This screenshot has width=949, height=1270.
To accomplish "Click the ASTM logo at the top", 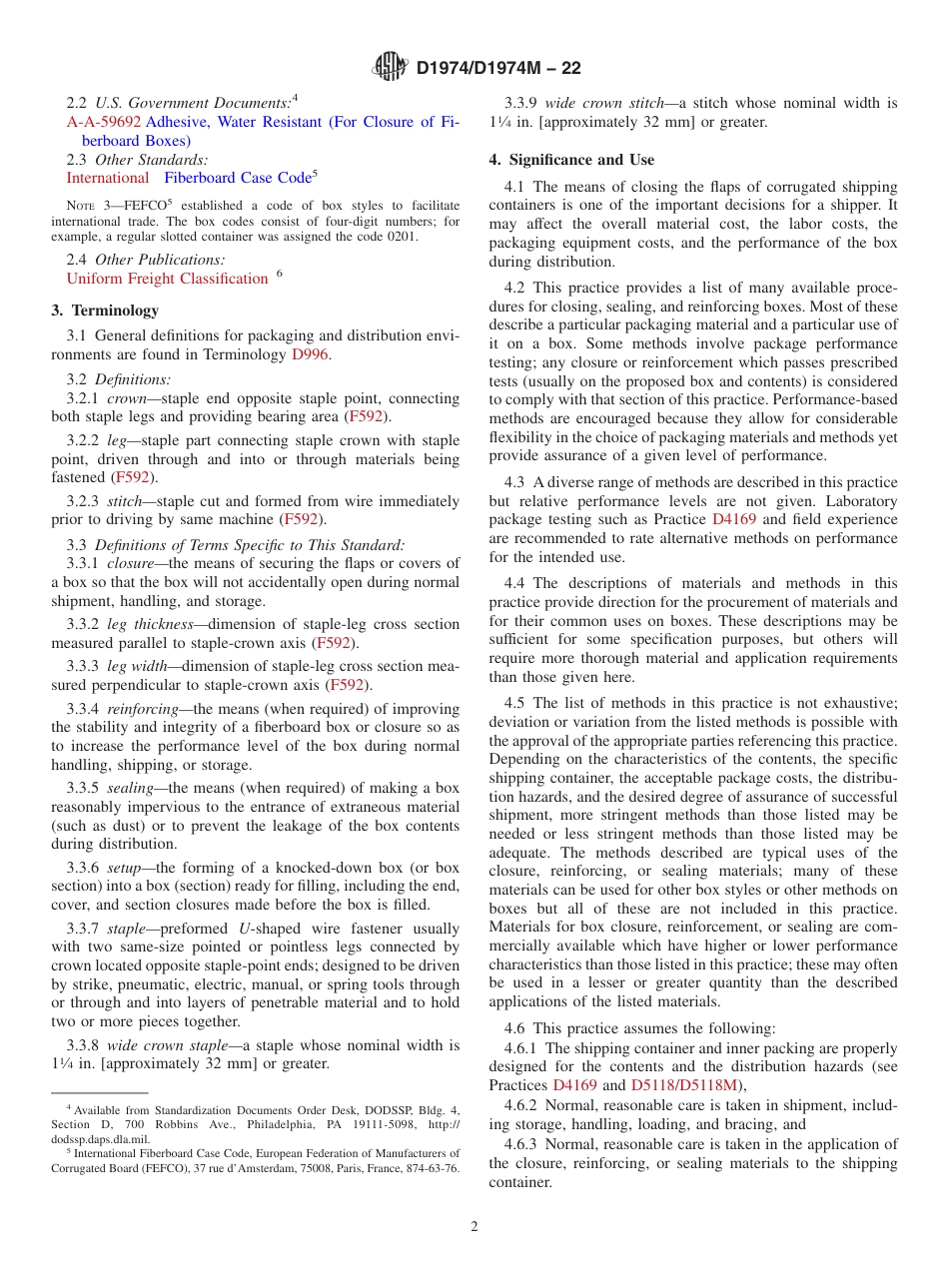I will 390,67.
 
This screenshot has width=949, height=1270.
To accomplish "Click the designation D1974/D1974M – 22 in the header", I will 497,68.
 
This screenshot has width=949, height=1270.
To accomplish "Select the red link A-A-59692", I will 104,122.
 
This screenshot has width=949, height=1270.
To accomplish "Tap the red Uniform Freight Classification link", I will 167,279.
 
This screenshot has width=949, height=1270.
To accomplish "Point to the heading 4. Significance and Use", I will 571,160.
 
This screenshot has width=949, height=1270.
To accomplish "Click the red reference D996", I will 310,353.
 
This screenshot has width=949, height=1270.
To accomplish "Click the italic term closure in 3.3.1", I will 132,563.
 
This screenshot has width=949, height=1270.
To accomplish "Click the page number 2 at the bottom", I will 474,1227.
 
